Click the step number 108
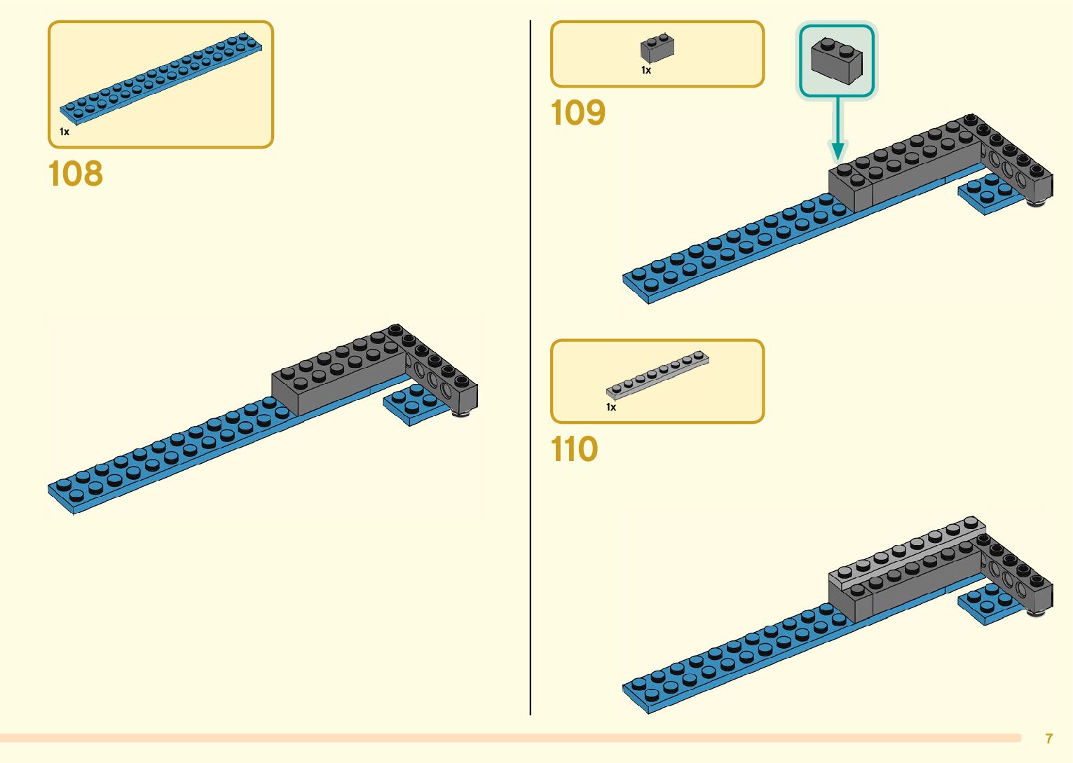pos(76,174)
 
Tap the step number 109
pos(578,113)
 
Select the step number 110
pos(574,450)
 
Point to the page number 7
pos(1048,738)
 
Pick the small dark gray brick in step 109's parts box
pos(657,48)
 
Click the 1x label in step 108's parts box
pos(64,132)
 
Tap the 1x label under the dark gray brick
pos(646,70)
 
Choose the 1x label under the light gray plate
pos(611,407)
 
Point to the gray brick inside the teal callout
pos(836,61)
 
